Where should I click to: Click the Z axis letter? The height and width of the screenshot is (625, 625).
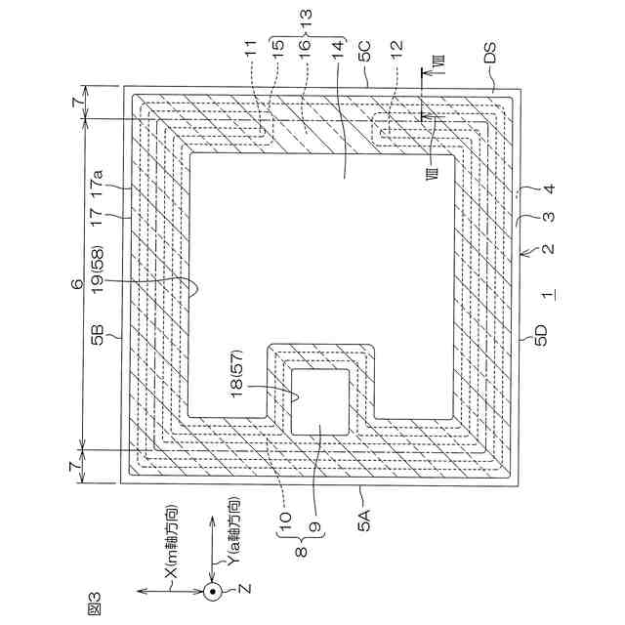tap(247, 591)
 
